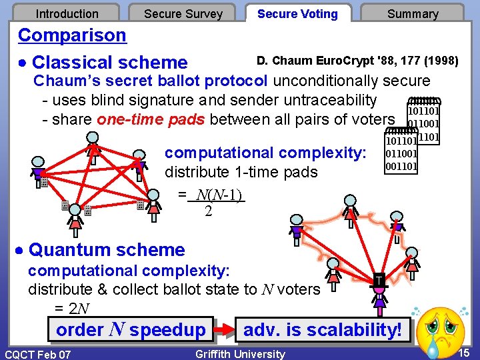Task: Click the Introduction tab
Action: pos(67,13)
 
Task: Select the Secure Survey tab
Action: pos(183,13)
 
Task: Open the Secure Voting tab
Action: pos(297,13)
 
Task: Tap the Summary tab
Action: pos(413,13)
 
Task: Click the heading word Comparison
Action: pos(72,35)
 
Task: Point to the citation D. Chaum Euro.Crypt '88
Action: pos(357,61)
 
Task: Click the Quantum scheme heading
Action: pos(107,250)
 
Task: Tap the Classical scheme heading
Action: pos(109,63)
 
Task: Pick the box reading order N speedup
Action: pos(131,330)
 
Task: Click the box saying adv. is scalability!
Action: pos(323,330)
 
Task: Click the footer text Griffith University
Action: pos(240,354)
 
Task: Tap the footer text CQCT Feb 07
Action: pos(38,354)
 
